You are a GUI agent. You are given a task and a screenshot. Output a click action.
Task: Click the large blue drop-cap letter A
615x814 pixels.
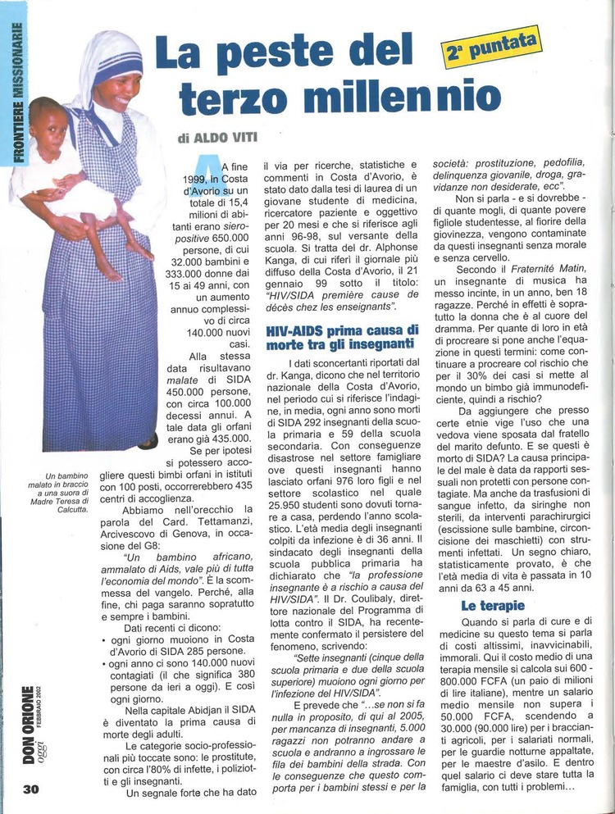210,168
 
